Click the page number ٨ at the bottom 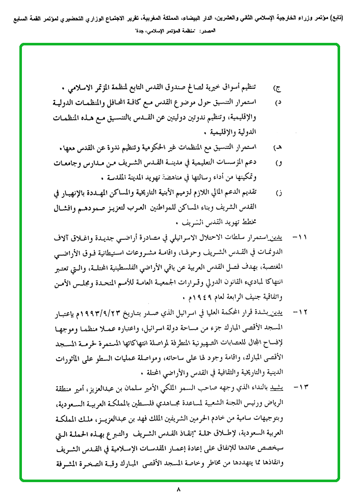pos(179,490)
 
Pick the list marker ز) pos(278,193)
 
